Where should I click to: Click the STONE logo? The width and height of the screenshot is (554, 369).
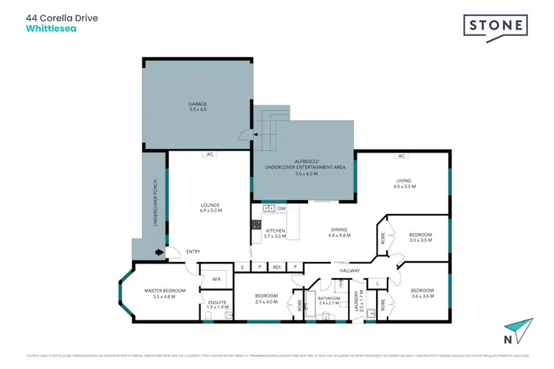(496, 26)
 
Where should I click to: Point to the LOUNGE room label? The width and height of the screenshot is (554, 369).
(210, 206)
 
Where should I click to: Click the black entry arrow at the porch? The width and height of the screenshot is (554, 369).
(158, 252)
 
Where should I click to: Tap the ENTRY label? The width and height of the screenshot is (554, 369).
(193, 252)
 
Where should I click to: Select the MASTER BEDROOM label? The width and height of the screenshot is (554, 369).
(165, 291)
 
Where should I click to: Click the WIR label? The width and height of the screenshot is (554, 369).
(216, 280)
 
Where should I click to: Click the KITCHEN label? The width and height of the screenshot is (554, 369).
(275, 231)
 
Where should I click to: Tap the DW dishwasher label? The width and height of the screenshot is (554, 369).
(282, 209)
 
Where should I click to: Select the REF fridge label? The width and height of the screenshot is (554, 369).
(276, 266)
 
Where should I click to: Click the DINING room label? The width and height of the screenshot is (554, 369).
(339, 231)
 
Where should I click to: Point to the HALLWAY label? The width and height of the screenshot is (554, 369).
(349, 271)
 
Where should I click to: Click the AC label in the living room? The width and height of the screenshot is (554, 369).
(402, 156)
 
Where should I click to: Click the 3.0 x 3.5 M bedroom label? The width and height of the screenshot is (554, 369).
(420, 238)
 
